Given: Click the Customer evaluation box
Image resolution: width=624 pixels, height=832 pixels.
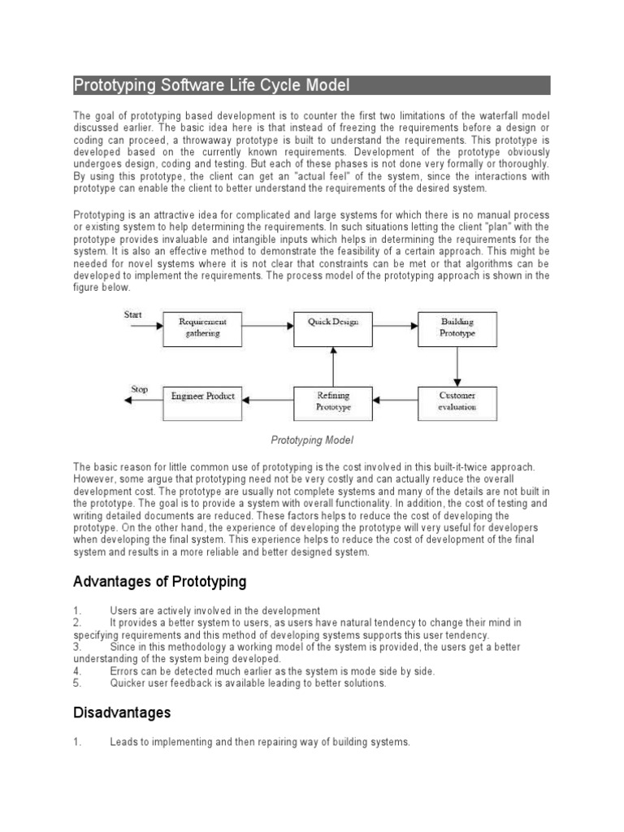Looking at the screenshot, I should [x=457, y=401].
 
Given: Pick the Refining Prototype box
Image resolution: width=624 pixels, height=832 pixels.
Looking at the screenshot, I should [x=332, y=401].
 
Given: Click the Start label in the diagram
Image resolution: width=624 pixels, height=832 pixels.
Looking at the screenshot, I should [x=132, y=314].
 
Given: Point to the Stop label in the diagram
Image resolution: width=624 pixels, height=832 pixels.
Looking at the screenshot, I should [x=140, y=389].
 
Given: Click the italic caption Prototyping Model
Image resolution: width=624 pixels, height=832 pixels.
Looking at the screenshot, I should [x=312, y=440].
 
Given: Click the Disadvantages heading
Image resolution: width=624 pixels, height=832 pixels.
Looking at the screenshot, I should [x=122, y=713].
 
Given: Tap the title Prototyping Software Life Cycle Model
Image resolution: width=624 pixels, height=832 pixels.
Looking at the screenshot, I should [x=212, y=85].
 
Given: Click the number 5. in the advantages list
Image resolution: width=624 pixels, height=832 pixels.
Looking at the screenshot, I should [x=78, y=683].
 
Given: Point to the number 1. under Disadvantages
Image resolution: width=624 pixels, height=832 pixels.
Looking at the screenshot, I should [x=78, y=742].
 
